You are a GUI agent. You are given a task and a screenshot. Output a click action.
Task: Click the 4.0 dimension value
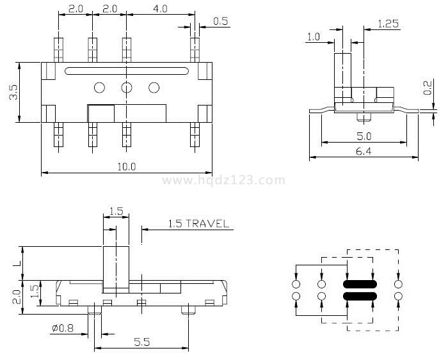click(161, 9)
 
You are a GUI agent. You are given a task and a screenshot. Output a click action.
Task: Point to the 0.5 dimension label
click(221, 21)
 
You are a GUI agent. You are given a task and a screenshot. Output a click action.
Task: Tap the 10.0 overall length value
click(126, 167)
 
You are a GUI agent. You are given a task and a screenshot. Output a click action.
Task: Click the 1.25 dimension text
click(388, 24)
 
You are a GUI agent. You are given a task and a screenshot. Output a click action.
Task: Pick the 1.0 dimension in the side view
click(313, 37)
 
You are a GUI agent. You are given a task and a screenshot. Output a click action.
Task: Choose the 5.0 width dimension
click(363, 136)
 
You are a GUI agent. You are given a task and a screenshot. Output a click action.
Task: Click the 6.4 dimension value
click(363, 151)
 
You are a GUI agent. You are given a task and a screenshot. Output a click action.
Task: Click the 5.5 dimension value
click(141, 343)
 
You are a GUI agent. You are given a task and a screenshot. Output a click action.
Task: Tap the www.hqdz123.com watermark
click(223, 180)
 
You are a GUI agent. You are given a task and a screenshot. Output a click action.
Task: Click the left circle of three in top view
click(99, 88)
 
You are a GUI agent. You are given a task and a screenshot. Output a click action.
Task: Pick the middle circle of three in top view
click(127, 88)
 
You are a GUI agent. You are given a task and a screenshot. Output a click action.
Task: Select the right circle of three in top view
click(154, 88)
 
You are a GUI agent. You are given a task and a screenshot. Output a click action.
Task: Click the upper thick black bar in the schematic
click(360, 284)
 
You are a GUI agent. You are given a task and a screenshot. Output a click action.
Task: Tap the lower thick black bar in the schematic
click(360, 296)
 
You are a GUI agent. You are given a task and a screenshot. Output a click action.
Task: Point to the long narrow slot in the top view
click(126, 70)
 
